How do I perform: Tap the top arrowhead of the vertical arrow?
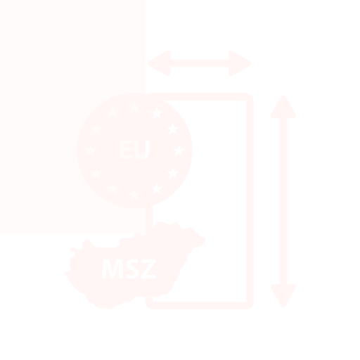tap(283, 108)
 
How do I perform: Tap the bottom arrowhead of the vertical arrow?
tap(283, 295)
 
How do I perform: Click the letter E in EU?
tap(126, 149)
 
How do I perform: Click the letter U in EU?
tap(142, 150)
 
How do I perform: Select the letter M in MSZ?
tap(112, 269)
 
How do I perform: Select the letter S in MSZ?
tap(132, 269)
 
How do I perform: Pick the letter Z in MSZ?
tap(148, 269)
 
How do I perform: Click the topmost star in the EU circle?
tap(135, 108)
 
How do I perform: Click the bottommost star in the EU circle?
tap(134, 194)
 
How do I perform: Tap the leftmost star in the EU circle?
tap(91, 150)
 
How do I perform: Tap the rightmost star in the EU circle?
tap(179, 150)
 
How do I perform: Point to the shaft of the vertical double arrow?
tap(283, 201)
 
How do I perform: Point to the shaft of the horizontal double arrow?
tap(200, 63)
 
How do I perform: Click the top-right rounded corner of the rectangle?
tap(250, 97)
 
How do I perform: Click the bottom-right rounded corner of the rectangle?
tap(250, 305)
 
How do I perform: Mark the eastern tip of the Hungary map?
tap(205, 240)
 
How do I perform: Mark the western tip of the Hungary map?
tap(64, 274)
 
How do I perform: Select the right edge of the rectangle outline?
tap(250, 201)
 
